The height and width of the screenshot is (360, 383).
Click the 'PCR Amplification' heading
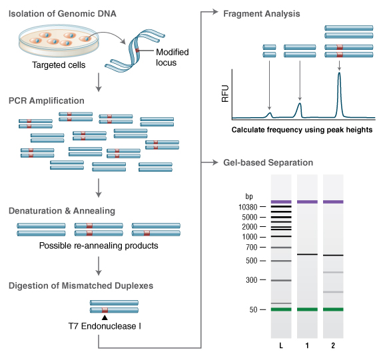[x=47, y=101]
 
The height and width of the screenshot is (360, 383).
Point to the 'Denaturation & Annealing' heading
[x=62, y=211]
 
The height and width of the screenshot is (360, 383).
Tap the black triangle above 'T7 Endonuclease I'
[x=105, y=317]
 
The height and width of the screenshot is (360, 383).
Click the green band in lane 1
[x=307, y=309]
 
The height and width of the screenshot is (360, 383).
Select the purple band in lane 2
[x=333, y=202]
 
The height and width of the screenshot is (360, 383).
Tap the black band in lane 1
[x=307, y=255]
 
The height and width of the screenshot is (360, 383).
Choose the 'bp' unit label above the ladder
[x=249, y=197]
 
